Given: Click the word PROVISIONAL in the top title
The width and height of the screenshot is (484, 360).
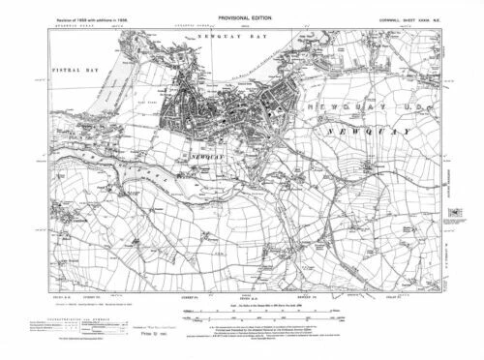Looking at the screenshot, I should (222, 10).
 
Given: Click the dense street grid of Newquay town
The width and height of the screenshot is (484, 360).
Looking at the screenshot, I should (198, 111).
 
